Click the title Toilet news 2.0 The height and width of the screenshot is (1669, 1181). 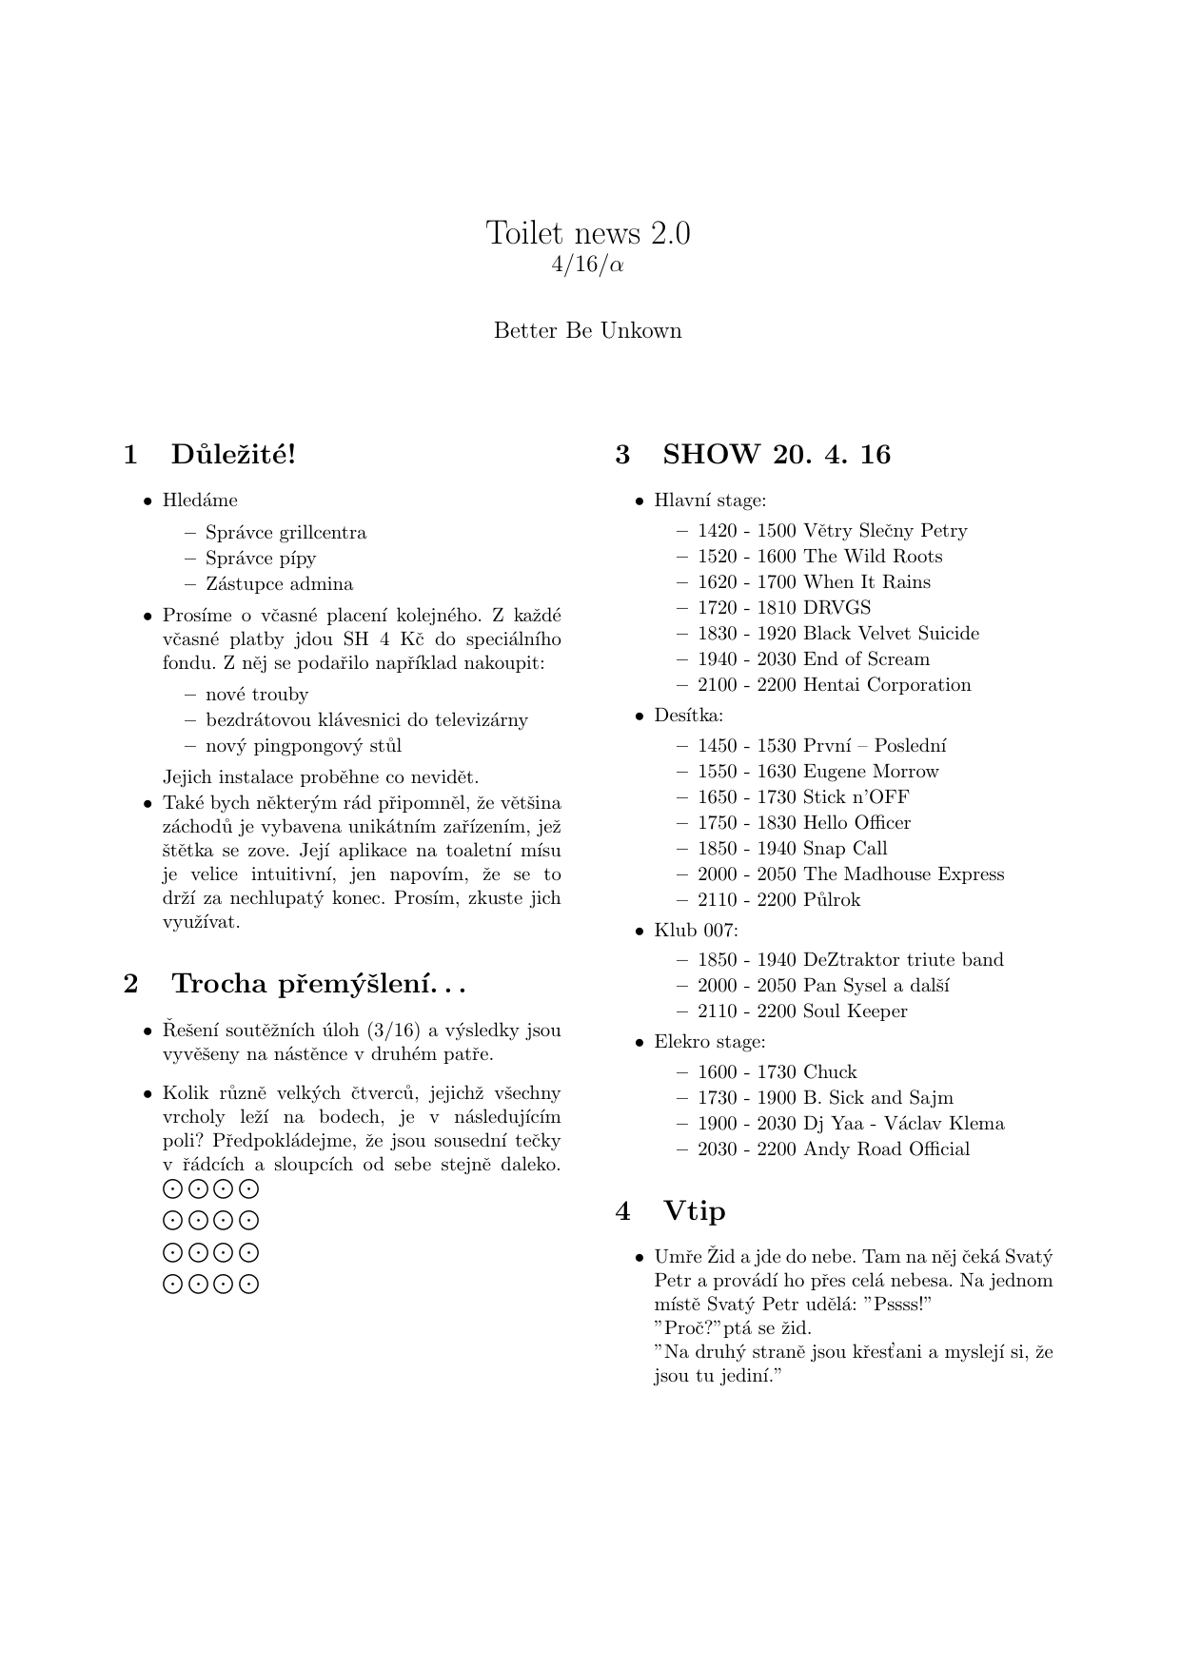pos(588,233)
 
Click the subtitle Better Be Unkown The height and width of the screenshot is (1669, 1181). pos(588,331)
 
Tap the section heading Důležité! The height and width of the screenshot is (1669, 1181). pos(233,455)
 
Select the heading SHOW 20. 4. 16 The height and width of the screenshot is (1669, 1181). pos(777,455)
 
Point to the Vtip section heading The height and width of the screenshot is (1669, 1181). pos(695,1211)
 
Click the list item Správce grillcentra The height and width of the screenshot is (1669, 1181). pos(285,533)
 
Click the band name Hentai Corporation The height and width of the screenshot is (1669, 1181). pos(887,685)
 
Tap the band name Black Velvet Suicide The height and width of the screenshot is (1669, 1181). pos(891,634)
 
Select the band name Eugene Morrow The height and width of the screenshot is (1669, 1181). pos(871,772)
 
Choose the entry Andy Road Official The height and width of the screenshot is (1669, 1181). pos(886,1149)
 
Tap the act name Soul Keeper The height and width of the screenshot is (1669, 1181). pos(855,1011)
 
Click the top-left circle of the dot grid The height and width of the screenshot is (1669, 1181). pos(172,1188)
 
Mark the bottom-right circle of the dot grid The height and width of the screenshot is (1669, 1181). pos(249,1285)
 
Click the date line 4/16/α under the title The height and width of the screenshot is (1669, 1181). pos(588,265)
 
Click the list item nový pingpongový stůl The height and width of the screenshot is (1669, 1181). pos(304,746)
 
